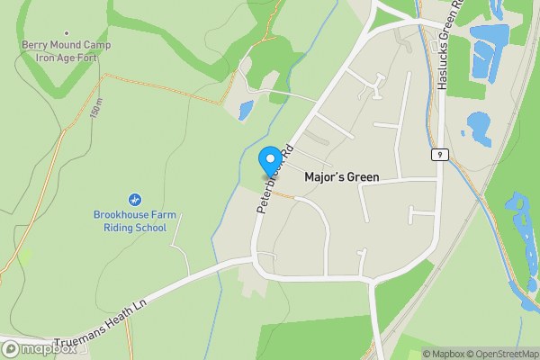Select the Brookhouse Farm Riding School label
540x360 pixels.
(130, 220)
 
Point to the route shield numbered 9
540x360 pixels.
(438, 155)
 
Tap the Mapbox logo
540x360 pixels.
(40, 349)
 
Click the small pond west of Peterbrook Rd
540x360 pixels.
(245, 111)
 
